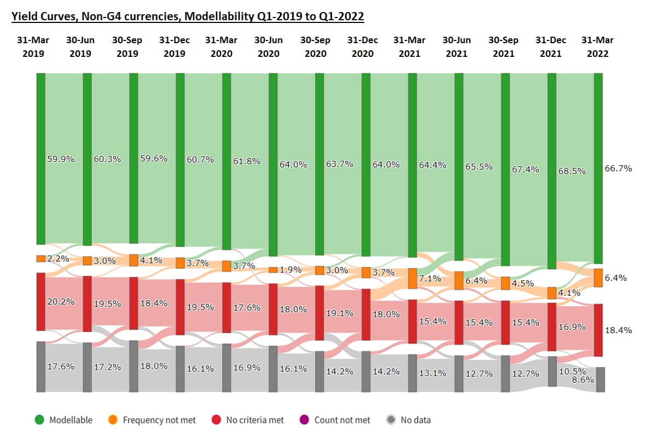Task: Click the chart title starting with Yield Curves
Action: (188, 16)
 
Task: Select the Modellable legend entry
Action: (71, 420)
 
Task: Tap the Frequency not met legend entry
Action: (159, 420)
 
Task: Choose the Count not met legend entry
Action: (342, 420)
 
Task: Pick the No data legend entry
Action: (415, 420)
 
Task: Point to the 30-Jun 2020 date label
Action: (269, 46)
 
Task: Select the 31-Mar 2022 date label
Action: (597, 46)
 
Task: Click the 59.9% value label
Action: (61, 159)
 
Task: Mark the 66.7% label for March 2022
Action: (619, 168)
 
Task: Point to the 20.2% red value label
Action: (61, 301)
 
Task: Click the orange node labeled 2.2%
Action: (41, 259)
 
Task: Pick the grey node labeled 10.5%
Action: (552, 371)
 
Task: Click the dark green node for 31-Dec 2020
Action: (366, 164)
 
